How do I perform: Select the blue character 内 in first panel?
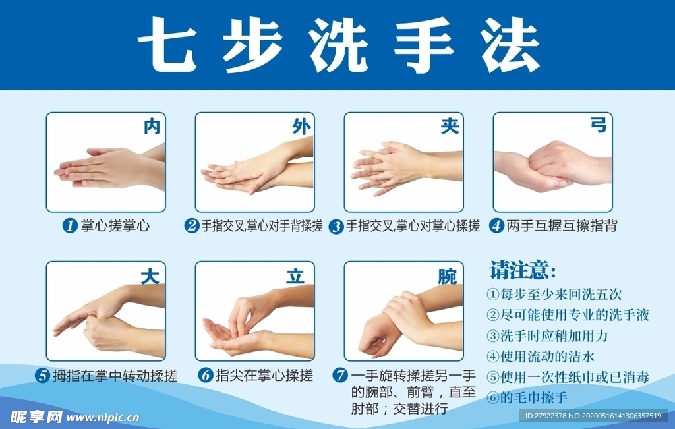pyautogui.click(x=152, y=127)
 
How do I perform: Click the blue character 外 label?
pyautogui.click(x=301, y=127)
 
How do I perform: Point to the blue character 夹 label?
pyautogui.click(x=450, y=127)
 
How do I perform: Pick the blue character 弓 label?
pyautogui.click(x=598, y=125)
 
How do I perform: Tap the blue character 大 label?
pyautogui.click(x=150, y=276)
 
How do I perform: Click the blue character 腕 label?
pyautogui.click(x=447, y=277)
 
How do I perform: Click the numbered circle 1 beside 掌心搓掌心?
pyautogui.click(x=69, y=226)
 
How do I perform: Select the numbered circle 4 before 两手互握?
pyautogui.click(x=496, y=226)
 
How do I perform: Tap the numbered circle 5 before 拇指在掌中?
pyautogui.click(x=43, y=376)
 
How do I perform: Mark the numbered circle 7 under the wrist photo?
pyautogui.click(x=340, y=376)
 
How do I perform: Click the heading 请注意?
pyautogui.click(x=523, y=271)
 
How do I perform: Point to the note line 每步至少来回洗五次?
pyautogui.click(x=554, y=294)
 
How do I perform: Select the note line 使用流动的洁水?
pyautogui.click(x=541, y=357)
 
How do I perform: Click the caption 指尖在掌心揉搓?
pyautogui.click(x=264, y=376)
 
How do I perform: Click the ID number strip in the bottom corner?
pyautogui.click(x=593, y=416)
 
